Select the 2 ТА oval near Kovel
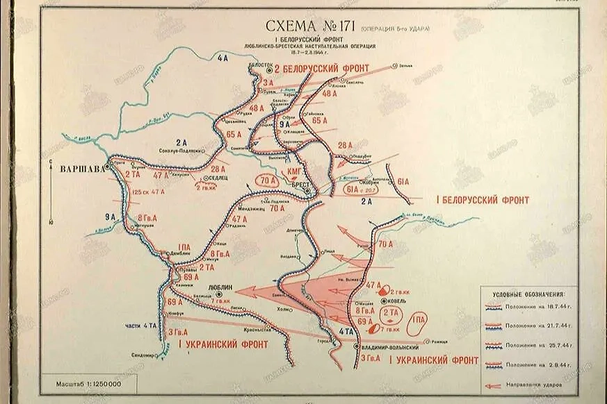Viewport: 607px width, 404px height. click(x=390, y=313)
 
